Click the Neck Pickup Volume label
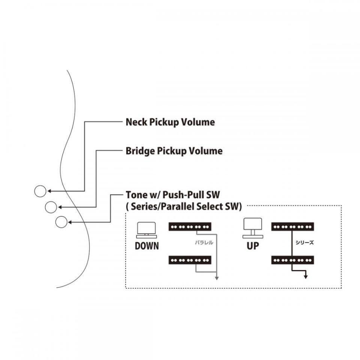pyautogui.click(x=170, y=122)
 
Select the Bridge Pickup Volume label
pyautogui.click(x=174, y=151)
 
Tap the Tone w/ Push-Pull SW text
pyautogui.click(x=172, y=195)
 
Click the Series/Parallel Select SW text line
pyautogui.click(x=183, y=206)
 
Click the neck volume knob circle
pyautogui.click(x=40, y=191)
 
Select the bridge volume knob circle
pyautogui.click(x=51, y=207)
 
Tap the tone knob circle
pyautogui.click(x=61, y=222)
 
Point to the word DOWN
pyautogui.click(x=147, y=246)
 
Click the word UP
pyautogui.click(x=253, y=247)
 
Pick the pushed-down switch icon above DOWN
pyautogui.click(x=147, y=231)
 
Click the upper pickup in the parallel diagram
pyautogui.click(x=190, y=227)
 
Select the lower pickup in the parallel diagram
pyautogui.click(x=190, y=259)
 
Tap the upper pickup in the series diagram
pyautogui.click(x=292, y=227)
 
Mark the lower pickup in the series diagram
pyautogui.click(x=292, y=259)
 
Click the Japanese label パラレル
pyautogui.click(x=204, y=243)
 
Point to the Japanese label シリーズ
pyautogui.click(x=304, y=243)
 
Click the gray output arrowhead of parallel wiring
pyautogui.click(x=217, y=278)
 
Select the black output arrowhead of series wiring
pyautogui.click(x=306, y=277)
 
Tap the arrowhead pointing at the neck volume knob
pyautogui.click(x=49, y=191)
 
